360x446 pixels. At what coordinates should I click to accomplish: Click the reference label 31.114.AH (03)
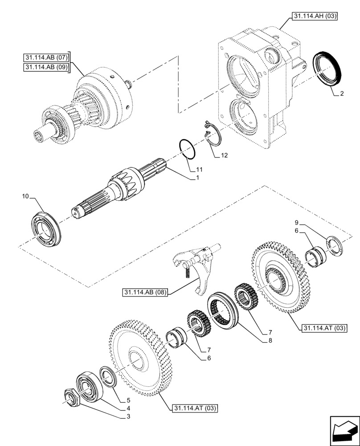(x=315, y=17)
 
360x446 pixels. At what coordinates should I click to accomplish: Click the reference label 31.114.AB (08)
(x=146, y=293)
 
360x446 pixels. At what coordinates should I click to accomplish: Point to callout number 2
(x=341, y=94)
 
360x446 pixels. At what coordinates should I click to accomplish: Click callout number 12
(x=224, y=156)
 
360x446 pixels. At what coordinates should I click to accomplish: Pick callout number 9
(x=295, y=223)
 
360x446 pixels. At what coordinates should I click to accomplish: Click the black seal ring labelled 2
(x=328, y=69)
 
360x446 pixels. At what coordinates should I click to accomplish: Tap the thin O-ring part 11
(x=187, y=148)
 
